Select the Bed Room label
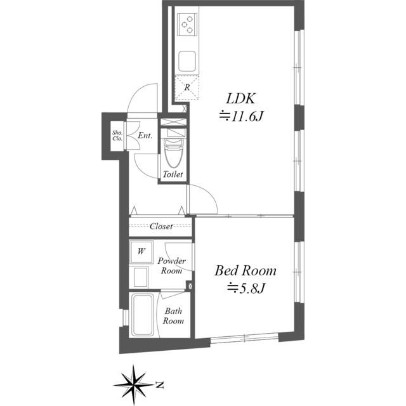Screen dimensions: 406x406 pyautogui.click(x=246, y=271)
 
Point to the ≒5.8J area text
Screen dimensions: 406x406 pyautogui.click(x=246, y=289)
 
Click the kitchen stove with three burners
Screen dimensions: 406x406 pyautogui.click(x=188, y=25)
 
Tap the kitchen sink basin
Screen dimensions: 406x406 pyautogui.click(x=188, y=62)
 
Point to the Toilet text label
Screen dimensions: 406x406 pyautogui.click(x=173, y=174)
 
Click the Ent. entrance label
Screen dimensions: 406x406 pyautogui.click(x=145, y=136)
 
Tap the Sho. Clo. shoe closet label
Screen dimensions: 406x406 pyautogui.click(x=117, y=136)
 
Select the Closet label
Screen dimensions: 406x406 pyautogui.click(x=161, y=226)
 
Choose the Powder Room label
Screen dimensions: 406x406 pyautogui.click(x=171, y=266)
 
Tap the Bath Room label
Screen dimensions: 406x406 pyautogui.click(x=174, y=316)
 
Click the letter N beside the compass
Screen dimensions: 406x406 pyautogui.click(x=160, y=384)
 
